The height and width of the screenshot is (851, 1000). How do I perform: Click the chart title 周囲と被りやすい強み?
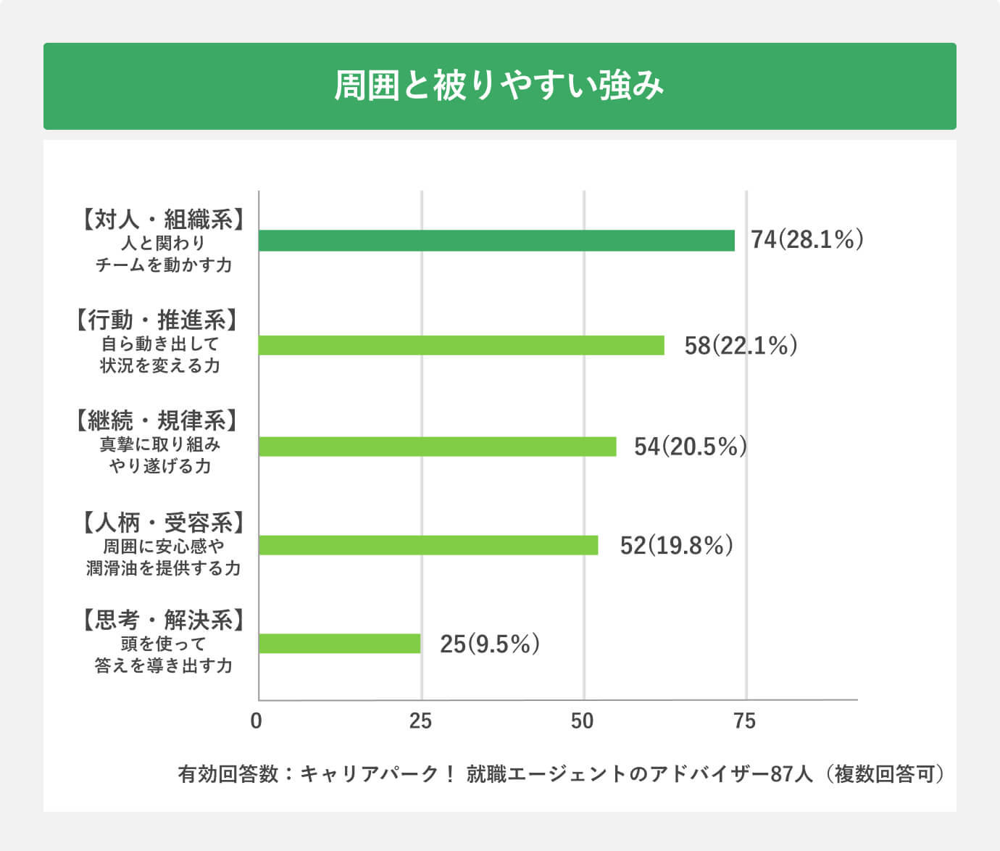click(x=499, y=86)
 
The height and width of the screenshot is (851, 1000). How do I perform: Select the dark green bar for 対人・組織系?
click(x=496, y=241)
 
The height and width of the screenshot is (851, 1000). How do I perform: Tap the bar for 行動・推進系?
click(x=461, y=345)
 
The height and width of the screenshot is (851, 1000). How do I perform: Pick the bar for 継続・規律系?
click(x=437, y=447)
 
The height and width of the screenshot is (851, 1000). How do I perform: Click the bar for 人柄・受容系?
click(x=428, y=545)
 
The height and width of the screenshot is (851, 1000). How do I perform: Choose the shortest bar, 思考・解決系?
click(x=339, y=644)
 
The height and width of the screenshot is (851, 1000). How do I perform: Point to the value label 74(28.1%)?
click(x=807, y=239)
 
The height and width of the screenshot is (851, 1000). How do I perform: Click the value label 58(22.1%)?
click(x=741, y=345)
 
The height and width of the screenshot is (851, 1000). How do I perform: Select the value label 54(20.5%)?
click(x=690, y=447)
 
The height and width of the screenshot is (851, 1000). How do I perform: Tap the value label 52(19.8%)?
click(x=676, y=545)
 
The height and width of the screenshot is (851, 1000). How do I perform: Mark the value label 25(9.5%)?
click(x=490, y=644)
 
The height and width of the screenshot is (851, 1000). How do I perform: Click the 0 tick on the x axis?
click(x=256, y=721)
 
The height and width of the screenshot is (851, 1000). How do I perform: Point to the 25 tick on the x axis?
click(x=420, y=721)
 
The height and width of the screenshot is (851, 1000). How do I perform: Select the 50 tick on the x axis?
click(x=583, y=721)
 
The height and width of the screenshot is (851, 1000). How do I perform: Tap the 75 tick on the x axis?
click(x=745, y=721)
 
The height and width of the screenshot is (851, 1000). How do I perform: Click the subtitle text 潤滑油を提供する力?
click(x=163, y=568)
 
